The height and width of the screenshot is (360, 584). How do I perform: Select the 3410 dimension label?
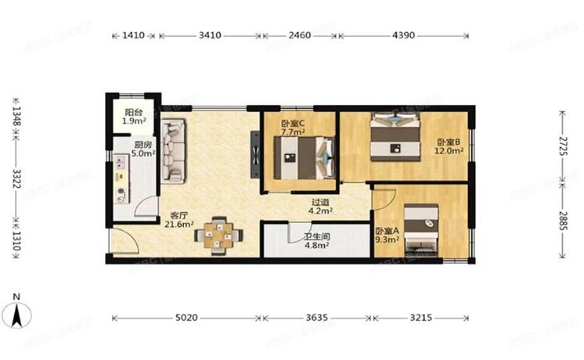[210, 35]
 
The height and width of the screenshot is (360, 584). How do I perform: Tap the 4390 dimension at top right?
[403, 35]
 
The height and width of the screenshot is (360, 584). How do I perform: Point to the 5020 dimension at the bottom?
[188, 319]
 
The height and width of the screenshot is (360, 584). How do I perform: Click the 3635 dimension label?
[318, 319]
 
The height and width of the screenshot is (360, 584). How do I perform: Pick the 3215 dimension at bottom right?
[420, 319]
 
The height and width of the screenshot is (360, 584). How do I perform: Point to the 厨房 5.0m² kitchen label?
[141, 149]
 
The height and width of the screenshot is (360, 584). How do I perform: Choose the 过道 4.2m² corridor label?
[322, 206]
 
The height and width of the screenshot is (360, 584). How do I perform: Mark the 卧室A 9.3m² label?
[387, 236]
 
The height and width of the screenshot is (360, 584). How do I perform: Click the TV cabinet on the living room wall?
[255, 151]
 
